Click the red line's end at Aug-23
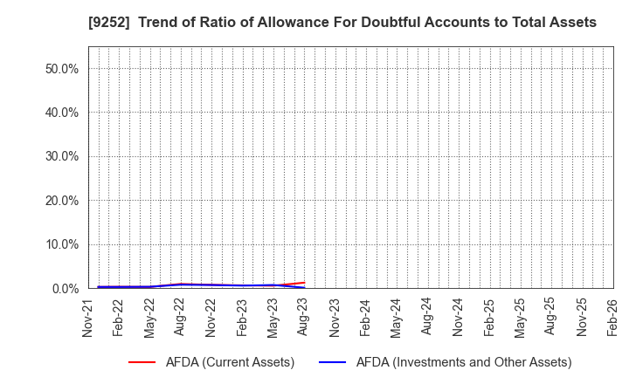click(304, 282)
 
